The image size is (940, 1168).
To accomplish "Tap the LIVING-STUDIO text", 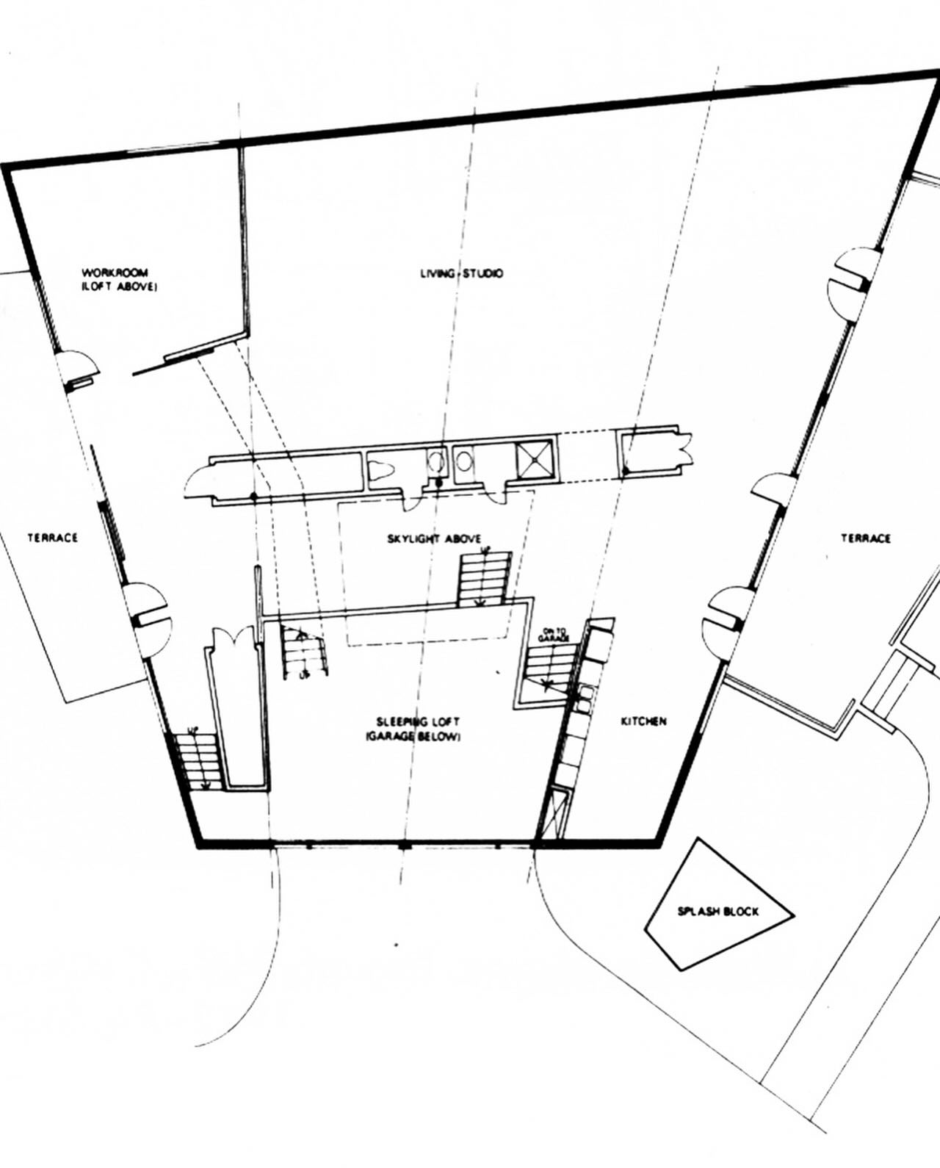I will tap(461, 273).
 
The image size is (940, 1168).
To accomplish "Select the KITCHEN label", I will tap(644, 721).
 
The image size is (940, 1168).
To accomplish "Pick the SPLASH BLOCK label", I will tap(718, 912).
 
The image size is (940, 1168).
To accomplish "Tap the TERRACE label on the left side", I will tap(53, 538).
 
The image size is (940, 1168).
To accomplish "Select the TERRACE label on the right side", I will tap(866, 538).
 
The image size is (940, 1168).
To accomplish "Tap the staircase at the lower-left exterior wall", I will tap(195, 761).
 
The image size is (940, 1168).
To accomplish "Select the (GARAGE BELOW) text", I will tap(413, 738).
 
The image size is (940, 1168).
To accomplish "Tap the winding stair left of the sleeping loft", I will tap(304, 652).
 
